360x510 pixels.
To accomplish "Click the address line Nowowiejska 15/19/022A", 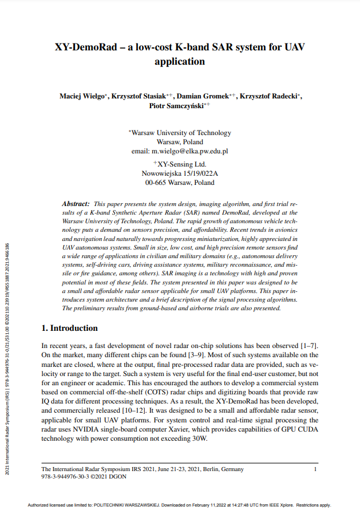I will [x=180, y=173].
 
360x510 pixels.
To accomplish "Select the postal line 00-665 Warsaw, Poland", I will [x=180, y=183].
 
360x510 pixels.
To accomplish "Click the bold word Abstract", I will [x=76, y=204].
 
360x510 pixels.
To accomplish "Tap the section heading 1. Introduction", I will [x=70, y=328].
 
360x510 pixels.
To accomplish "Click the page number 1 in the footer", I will [x=315, y=469].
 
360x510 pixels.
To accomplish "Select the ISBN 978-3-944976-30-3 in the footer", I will [x=68, y=476].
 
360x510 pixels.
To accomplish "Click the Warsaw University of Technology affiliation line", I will [x=180, y=132].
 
